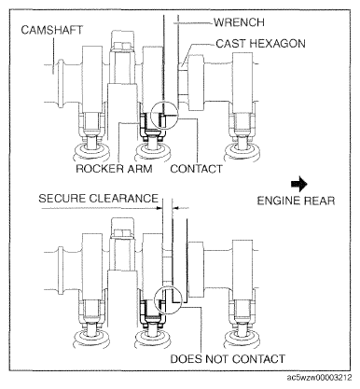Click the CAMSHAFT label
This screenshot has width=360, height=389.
click(x=52, y=30)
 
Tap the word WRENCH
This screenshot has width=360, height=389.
click(x=239, y=22)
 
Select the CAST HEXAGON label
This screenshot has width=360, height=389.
click(x=260, y=44)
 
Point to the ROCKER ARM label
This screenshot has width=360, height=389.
click(x=115, y=169)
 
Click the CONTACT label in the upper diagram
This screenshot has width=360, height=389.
click(x=197, y=169)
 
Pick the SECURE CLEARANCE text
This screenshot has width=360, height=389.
click(x=99, y=199)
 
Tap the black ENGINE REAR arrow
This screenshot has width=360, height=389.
click(x=299, y=184)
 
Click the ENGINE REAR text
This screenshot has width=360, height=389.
click(x=296, y=201)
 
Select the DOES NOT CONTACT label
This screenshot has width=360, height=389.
click(x=228, y=359)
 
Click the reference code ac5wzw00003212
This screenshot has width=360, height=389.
click(x=319, y=378)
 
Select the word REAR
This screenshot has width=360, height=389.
click(x=319, y=201)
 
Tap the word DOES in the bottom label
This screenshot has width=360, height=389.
click(x=186, y=359)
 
